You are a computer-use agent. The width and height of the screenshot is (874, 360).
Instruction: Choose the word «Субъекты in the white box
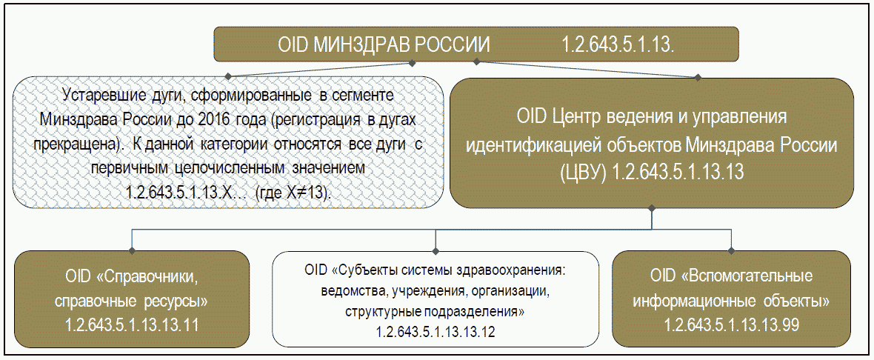[368, 267]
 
